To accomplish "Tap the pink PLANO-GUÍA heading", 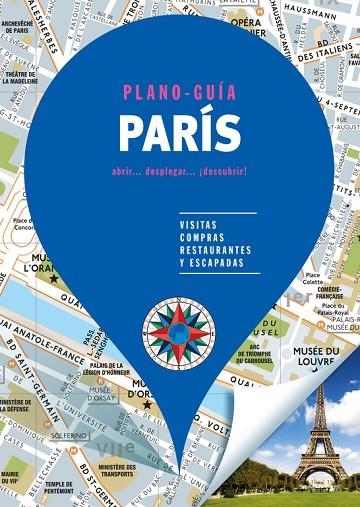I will [x=180, y=93].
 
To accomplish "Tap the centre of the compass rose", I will [x=178, y=330].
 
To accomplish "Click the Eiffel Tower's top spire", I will [x=322, y=377].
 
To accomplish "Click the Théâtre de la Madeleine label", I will [x=20, y=80].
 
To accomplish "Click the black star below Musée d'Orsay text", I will [x=146, y=377].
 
